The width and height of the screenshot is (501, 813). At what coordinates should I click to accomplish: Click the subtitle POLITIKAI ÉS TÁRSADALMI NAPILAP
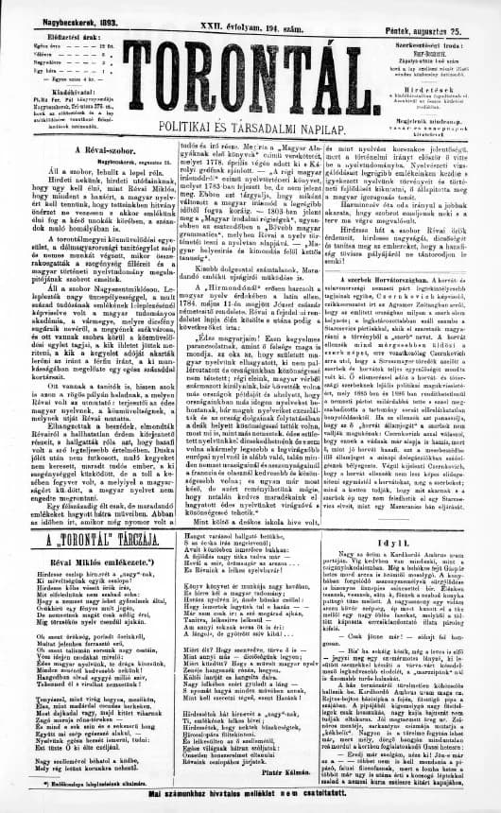point(251,126)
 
